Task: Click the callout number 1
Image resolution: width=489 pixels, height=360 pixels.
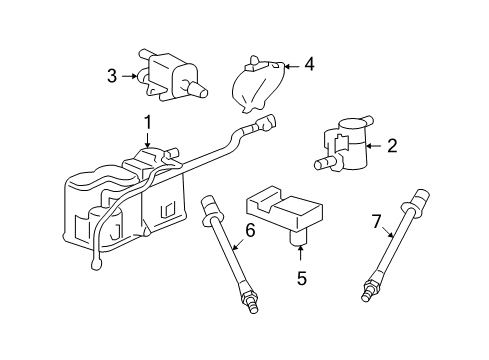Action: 147,123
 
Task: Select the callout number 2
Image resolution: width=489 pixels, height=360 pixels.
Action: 392,146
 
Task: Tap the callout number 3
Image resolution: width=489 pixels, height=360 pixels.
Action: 113,75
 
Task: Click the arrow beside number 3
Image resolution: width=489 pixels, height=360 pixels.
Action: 130,75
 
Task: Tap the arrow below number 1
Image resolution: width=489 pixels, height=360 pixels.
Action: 147,143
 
